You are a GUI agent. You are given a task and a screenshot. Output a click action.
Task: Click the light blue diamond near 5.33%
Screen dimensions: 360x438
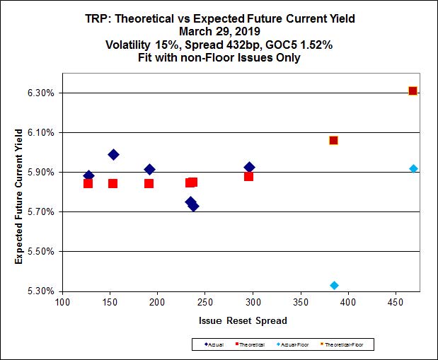(x=334, y=285)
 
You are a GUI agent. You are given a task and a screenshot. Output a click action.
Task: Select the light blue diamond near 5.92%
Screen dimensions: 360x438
(x=413, y=168)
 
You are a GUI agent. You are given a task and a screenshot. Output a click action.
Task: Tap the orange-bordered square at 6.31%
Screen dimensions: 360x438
(x=413, y=91)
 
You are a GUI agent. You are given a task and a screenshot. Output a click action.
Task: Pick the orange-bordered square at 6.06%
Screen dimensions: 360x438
(x=333, y=140)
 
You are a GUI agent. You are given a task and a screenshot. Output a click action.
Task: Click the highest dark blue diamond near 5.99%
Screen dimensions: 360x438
(x=113, y=154)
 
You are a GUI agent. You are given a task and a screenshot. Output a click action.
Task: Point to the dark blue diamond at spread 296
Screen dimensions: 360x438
(x=249, y=167)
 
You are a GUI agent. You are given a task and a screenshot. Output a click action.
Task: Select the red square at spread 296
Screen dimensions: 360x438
(x=248, y=176)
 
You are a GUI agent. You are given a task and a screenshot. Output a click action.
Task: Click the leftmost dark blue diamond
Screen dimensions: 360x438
(x=88, y=175)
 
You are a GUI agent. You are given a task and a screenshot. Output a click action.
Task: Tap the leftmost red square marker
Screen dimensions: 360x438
(x=88, y=183)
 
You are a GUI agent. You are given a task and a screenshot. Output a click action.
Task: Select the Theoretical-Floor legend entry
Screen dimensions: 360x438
(x=348, y=345)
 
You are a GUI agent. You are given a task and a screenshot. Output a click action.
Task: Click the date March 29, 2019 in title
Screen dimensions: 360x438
(x=219, y=31)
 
